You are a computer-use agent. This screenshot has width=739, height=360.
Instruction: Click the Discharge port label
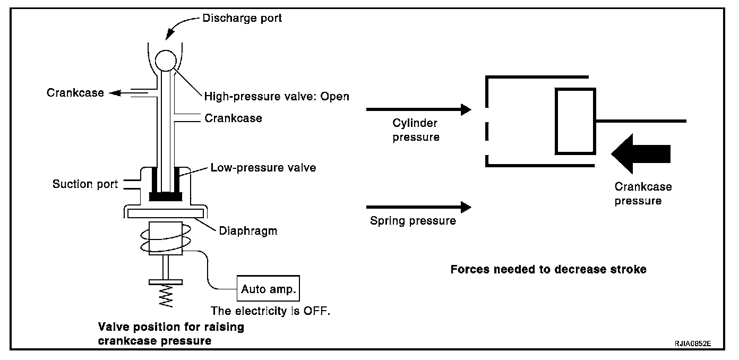pyautogui.click(x=242, y=18)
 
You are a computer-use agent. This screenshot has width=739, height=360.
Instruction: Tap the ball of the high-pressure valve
pyautogui.click(x=166, y=61)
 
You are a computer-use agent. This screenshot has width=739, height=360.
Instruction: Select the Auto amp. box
pyautogui.click(x=268, y=288)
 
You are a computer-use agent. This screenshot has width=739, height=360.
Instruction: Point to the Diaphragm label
pyautogui.click(x=248, y=230)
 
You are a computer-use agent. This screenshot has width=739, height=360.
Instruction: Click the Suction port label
pyautogui.click(x=85, y=184)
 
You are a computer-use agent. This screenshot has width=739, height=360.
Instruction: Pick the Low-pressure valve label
pyautogui.click(x=263, y=168)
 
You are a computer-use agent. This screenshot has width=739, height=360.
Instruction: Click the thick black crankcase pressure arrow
pyautogui.click(x=641, y=154)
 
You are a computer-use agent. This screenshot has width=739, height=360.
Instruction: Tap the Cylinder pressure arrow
pyautogui.click(x=419, y=109)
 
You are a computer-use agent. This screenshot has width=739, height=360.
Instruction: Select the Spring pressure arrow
pyautogui.click(x=419, y=207)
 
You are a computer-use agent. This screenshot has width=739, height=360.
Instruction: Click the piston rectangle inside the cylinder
pyautogui.click(x=575, y=121)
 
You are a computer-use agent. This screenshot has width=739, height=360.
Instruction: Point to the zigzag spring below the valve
pyautogui.click(x=166, y=296)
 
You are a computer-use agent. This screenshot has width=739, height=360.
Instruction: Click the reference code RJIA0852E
pyautogui.click(x=693, y=344)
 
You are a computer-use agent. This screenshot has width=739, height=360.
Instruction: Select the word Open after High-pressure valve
pyautogui.click(x=334, y=96)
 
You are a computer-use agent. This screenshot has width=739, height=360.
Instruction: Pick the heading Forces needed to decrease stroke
pyautogui.click(x=548, y=269)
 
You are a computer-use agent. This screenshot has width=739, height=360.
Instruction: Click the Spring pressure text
pyautogui.click(x=413, y=221)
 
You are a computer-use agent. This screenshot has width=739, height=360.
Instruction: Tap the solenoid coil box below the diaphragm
pyautogui.click(x=166, y=238)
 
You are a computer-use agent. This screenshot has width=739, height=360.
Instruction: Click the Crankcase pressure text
pyautogui.click(x=643, y=194)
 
